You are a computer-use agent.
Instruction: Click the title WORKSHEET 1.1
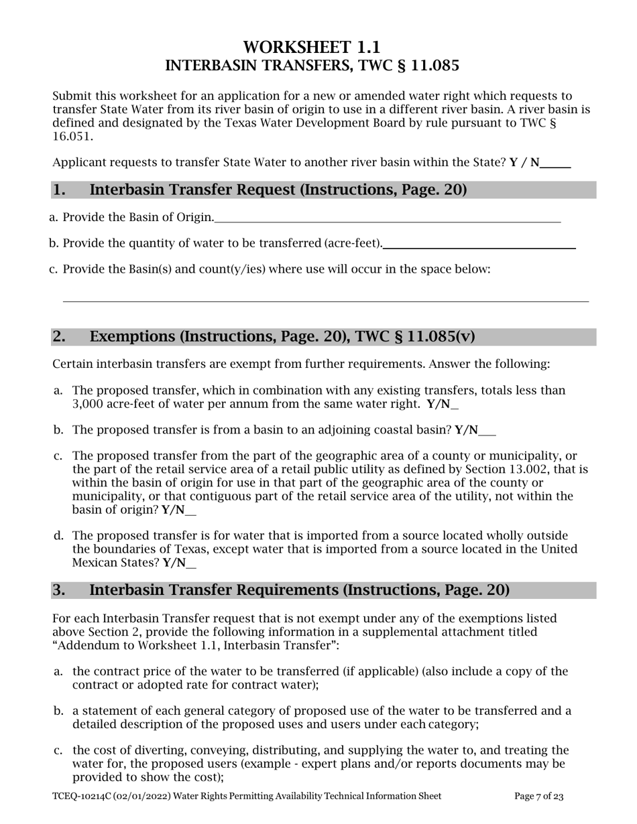click(x=312, y=48)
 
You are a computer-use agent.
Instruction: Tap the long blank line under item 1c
click(x=325, y=301)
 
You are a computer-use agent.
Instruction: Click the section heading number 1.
click(x=59, y=190)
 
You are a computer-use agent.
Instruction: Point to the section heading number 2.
click(x=59, y=336)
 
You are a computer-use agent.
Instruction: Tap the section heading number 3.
click(x=59, y=590)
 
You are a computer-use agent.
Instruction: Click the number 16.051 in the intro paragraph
click(x=73, y=136)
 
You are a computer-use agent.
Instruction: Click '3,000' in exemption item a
click(x=88, y=404)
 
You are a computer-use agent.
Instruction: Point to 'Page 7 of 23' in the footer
click(x=538, y=797)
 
